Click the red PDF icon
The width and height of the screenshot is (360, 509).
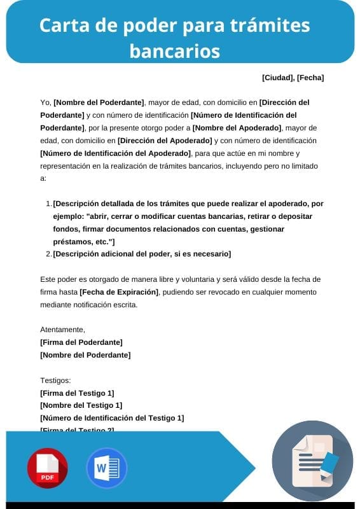pyautogui.click(x=47, y=468)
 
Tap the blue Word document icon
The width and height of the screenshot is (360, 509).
pyautogui.click(x=106, y=468)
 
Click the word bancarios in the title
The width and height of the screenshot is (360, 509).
pyautogui.click(x=175, y=50)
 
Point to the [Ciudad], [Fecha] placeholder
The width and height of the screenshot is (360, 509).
pyautogui.click(x=293, y=78)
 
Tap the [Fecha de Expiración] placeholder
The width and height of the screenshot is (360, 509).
pyautogui.click(x=119, y=292)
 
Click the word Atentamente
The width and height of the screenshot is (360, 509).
pyautogui.click(x=62, y=330)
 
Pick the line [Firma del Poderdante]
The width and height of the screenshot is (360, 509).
pyautogui.click(x=81, y=342)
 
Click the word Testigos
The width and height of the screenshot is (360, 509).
pyautogui.click(x=56, y=380)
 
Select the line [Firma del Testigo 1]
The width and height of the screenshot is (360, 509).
pyautogui.click(x=77, y=393)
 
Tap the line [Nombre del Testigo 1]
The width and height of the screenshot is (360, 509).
pyautogui.click(x=81, y=405)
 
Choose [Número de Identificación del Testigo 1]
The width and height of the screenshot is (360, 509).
pyautogui.click(x=112, y=418)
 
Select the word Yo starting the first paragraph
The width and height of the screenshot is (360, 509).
pyautogui.click(x=45, y=102)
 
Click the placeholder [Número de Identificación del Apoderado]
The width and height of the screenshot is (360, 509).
pyautogui.click(x=115, y=153)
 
